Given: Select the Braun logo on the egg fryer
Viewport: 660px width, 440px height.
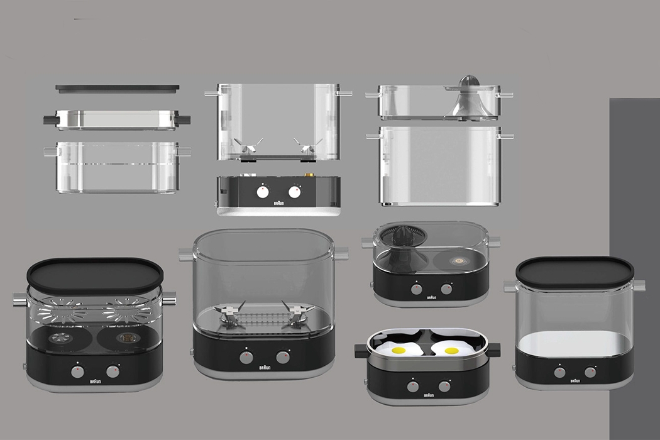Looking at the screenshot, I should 429,395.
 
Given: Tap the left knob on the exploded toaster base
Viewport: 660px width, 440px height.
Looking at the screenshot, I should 262,191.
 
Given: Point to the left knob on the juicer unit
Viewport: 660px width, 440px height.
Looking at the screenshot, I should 416,289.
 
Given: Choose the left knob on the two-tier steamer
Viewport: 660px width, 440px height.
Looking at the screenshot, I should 77,371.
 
